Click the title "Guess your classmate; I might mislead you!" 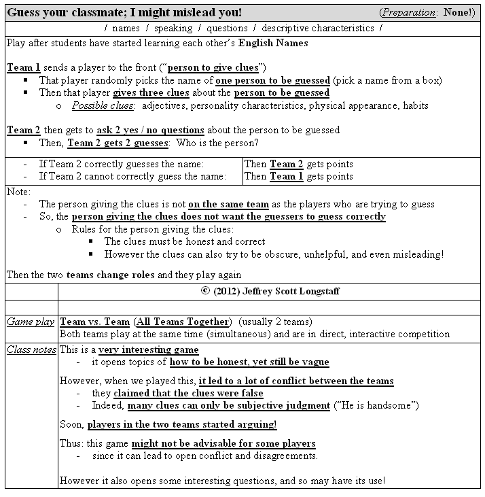[x=124, y=13]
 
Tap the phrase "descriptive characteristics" [x=318, y=29]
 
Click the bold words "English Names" [x=273, y=43]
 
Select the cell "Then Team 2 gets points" [x=299, y=164]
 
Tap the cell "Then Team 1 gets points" [x=299, y=176]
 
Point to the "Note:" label [x=18, y=192]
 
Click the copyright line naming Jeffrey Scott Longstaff [x=269, y=290]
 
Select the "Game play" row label [x=31, y=322]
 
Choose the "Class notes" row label [x=31, y=350]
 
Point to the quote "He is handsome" [x=376, y=406]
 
